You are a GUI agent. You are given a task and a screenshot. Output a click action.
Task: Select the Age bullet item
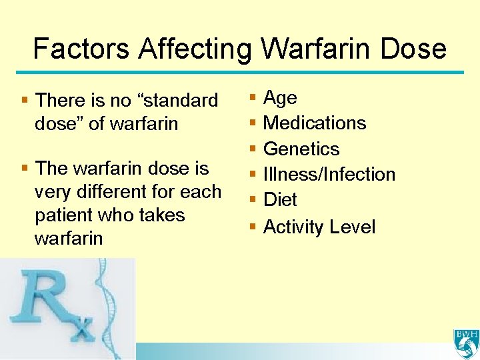pos(280,98)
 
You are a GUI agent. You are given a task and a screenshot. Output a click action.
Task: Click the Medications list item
pos(315,123)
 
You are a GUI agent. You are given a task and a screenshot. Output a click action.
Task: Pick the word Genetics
pos(301,149)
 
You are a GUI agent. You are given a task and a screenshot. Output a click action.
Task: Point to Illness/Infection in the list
pos(329,175)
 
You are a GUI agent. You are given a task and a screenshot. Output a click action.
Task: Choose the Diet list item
pos(280,200)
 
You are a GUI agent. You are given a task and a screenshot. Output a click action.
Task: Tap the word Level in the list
pos(352,227)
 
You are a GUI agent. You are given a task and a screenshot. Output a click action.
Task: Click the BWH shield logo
pos(465,343)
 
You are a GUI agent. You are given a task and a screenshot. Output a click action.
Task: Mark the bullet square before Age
pos(253,98)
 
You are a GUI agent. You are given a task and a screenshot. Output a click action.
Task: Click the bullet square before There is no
pos(25,100)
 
